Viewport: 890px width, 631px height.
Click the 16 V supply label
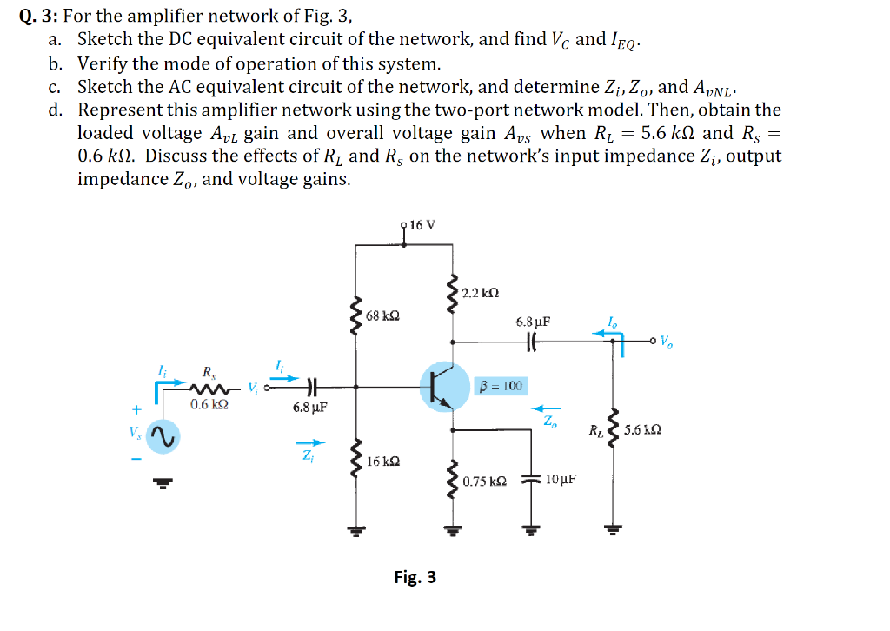tap(422, 225)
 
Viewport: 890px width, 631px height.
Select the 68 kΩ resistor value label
tap(382, 315)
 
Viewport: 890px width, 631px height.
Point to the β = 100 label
tap(501, 385)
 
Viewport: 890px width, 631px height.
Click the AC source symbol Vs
tap(163, 438)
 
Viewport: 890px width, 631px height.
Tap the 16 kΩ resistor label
tap(383, 461)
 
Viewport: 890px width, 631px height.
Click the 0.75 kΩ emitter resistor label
tap(484, 481)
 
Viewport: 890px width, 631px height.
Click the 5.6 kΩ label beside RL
tap(648, 430)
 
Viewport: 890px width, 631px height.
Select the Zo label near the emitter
tap(549, 423)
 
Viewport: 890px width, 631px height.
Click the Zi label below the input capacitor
tap(309, 458)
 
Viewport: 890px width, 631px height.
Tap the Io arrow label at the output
tap(614, 323)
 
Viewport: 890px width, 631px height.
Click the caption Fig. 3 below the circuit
tap(415, 577)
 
